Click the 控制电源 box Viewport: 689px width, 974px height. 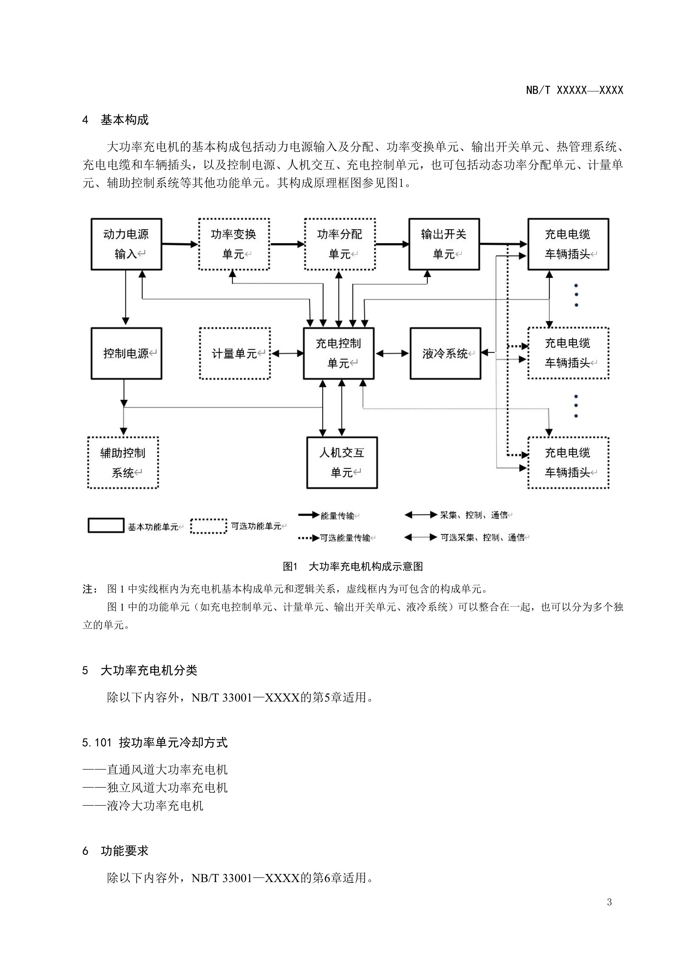click(x=126, y=353)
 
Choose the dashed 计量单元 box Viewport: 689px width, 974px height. click(x=234, y=353)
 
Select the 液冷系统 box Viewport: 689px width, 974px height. click(x=445, y=353)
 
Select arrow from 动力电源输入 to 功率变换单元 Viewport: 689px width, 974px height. click(x=180, y=244)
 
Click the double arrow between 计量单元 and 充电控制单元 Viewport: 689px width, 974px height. click(x=287, y=353)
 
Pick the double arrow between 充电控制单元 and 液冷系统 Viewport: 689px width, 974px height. click(x=392, y=353)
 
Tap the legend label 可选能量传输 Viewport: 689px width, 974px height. click(x=345, y=538)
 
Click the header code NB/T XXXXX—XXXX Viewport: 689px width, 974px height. click(x=575, y=90)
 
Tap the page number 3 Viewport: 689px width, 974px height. click(x=609, y=902)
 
